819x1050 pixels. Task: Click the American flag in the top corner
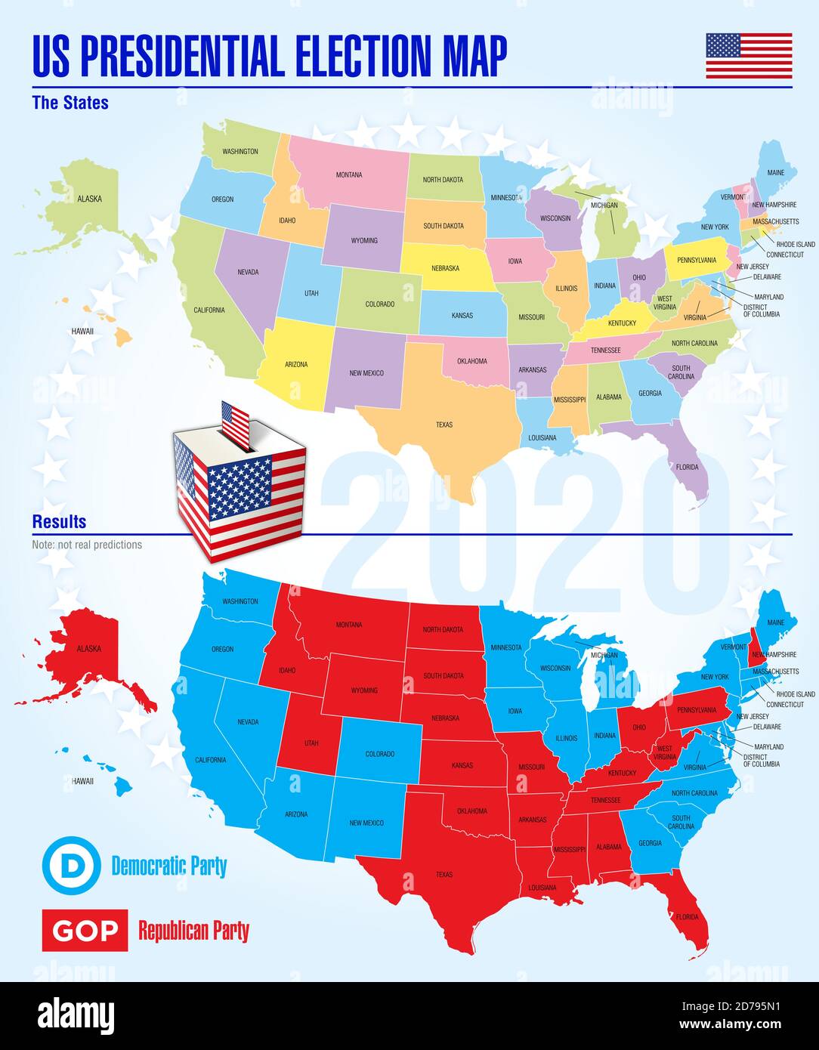[749, 56]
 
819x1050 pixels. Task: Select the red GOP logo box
[85, 931]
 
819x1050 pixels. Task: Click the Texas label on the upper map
[444, 425]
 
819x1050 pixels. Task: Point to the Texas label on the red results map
[444, 875]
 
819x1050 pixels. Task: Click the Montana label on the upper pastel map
[349, 175]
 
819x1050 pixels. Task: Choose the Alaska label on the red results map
[88, 649]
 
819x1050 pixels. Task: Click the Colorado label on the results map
[380, 754]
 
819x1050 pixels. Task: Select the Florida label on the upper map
[687, 467]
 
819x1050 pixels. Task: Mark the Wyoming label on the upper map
[364, 241]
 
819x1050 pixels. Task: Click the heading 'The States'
[70, 103]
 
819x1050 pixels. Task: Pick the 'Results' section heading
[59, 522]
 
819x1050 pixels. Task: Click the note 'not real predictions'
[87, 545]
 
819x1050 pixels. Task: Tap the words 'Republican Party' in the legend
[193, 931]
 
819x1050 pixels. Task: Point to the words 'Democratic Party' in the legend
[169, 866]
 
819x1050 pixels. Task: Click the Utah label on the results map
[311, 743]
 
